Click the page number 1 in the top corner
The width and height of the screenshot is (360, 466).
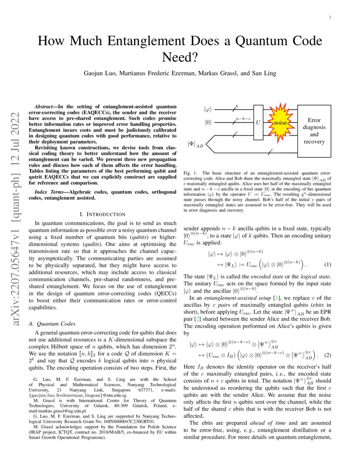coord(330,18)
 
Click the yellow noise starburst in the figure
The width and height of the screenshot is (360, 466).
coord(279,123)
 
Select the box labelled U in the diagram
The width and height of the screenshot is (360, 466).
coord(258,123)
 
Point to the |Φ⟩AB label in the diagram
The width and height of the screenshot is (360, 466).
coord(195,144)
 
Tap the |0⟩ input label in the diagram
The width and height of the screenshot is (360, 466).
coord(208,123)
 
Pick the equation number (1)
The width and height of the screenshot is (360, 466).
coord(327,265)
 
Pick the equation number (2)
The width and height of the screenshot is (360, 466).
coord(327,354)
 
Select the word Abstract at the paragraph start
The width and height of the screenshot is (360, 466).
coord(45,105)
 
